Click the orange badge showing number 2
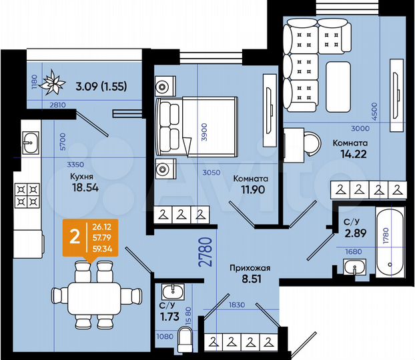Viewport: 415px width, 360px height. point(75,235)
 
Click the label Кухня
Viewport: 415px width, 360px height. point(81,177)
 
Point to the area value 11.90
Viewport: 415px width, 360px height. point(250,191)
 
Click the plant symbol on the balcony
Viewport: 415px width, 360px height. point(52,83)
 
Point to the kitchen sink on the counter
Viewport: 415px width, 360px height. point(31,141)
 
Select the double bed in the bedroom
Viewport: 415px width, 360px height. point(196,127)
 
